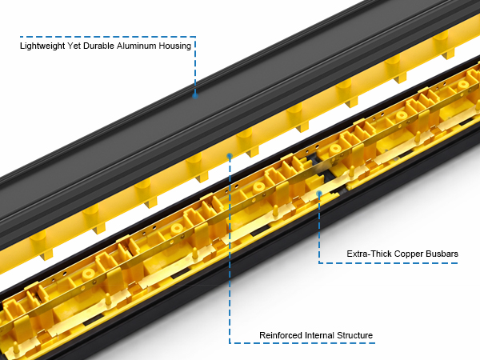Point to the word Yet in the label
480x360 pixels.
(x=74, y=46)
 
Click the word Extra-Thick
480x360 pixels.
(x=369, y=254)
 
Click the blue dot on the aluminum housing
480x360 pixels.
(x=195, y=96)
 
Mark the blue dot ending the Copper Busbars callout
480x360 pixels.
(x=319, y=194)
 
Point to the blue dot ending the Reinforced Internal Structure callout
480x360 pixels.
(x=230, y=156)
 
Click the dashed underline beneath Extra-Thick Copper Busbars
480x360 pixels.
(x=388, y=263)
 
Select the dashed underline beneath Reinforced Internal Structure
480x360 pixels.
(x=302, y=343)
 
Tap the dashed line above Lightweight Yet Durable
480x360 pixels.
(x=108, y=37)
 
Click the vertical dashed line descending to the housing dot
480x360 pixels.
(x=195, y=65)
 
